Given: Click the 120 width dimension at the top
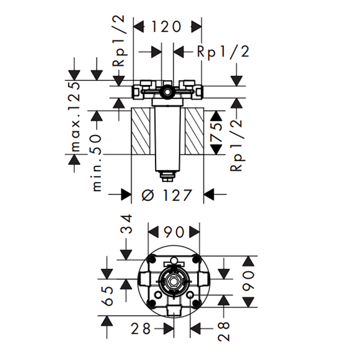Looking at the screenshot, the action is click(x=167, y=27).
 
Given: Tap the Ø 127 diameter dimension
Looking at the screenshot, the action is click(x=167, y=196).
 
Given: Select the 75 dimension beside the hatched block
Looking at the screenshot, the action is click(x=216, y=132).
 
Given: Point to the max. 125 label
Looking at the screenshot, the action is click(x=75, y=117).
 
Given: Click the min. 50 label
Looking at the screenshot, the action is click(x=97, y=163).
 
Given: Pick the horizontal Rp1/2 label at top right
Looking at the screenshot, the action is click(x=223, y=52).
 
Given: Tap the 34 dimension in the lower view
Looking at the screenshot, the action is click(x=127, y=224).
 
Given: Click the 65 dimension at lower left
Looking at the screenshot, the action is click(x=107, y=296).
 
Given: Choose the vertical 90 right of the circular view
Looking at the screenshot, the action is click(x=249, y=281).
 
